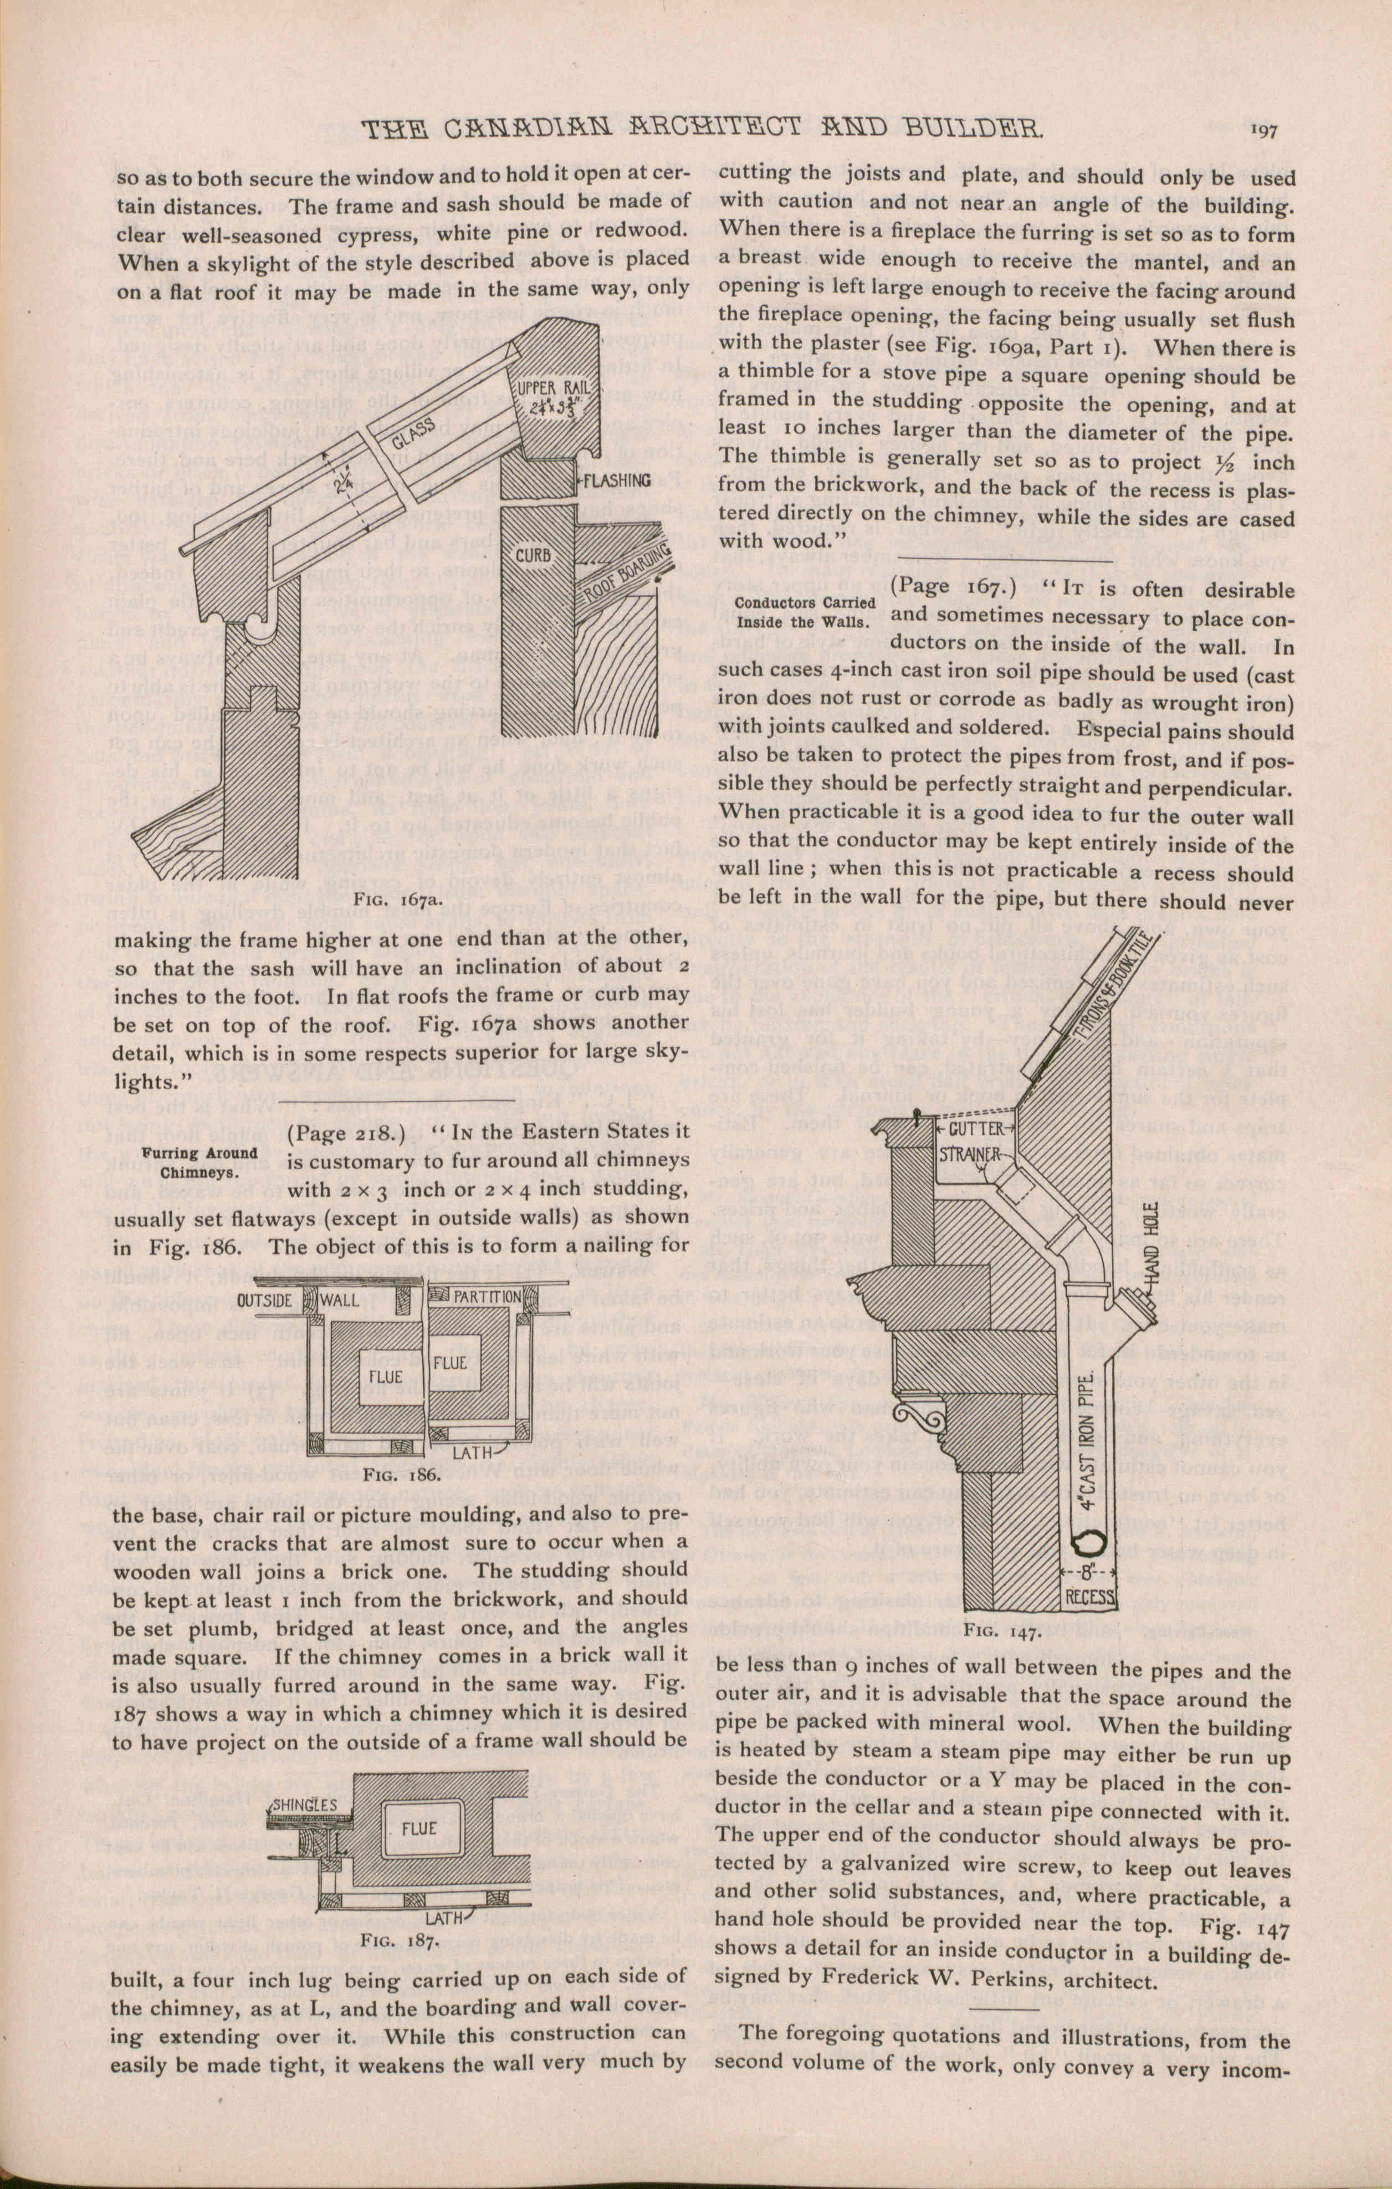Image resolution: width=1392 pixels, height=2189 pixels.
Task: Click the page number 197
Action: (1264, 130)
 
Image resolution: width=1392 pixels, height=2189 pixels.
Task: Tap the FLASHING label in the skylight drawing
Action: (617, 480)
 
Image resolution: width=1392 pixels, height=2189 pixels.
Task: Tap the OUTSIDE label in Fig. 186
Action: (264, 1300)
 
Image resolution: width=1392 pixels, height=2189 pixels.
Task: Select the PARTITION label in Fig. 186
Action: (487, 1296)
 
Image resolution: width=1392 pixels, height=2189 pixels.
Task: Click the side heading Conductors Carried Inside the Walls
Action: (805, 612)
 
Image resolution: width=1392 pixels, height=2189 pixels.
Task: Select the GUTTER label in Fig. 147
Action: (976, 1130)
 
